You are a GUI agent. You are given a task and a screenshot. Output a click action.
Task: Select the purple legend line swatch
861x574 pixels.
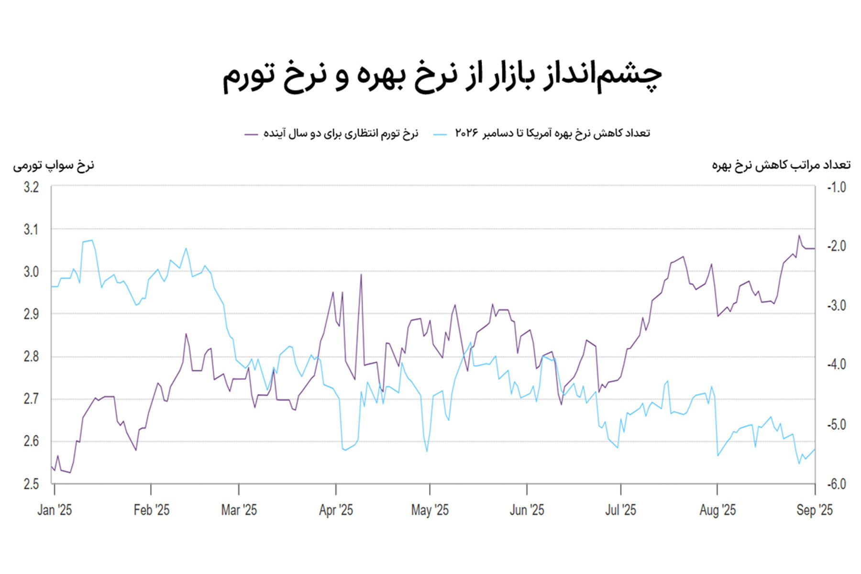pos(251,134)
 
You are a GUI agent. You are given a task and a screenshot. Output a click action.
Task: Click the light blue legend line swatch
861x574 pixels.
pos(440,134)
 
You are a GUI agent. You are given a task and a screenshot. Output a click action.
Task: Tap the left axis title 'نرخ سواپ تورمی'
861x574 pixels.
pos(54,166)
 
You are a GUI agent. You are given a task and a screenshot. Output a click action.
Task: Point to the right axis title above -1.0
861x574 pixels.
pos(781,166)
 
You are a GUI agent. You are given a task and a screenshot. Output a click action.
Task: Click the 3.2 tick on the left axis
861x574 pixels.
pos(31,188)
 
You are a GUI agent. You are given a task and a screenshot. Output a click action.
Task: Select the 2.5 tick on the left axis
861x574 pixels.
pos(31,484)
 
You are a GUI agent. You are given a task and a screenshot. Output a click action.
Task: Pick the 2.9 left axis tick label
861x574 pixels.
pos(31,314)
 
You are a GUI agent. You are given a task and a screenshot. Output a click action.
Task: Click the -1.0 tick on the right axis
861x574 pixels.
pos(837,188)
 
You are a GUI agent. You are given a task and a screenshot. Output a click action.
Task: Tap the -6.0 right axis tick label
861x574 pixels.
pos(837,484)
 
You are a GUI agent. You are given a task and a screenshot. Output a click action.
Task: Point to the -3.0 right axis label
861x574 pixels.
pos(837,306)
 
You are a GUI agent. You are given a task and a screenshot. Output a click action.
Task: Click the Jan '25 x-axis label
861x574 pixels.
pos(55,510)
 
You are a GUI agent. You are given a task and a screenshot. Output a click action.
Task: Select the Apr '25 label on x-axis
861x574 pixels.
pos(336,510)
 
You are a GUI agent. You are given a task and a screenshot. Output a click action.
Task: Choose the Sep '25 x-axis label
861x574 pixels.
pos(814,510)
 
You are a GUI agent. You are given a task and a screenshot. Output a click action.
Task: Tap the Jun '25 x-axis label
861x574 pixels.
pos(527,510)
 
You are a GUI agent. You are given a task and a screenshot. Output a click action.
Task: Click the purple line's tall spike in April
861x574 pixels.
pos(361,275)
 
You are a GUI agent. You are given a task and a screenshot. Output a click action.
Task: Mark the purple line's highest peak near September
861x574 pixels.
pos(799,235)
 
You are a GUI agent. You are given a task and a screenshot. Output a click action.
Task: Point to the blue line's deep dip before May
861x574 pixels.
pos(427,451)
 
